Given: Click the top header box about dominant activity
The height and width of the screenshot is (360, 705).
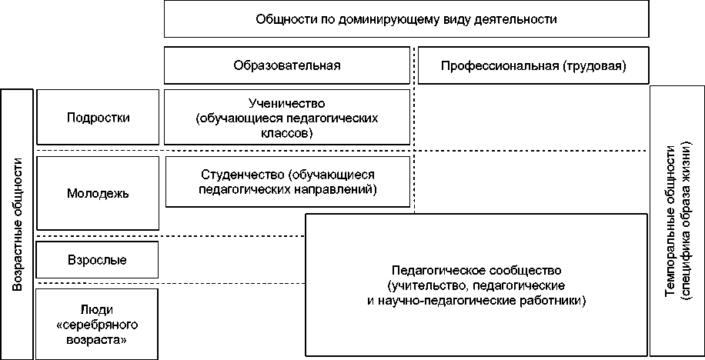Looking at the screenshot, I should [x=406, y=19].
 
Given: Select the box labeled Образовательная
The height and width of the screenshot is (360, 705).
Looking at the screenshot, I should [x=287, y=65].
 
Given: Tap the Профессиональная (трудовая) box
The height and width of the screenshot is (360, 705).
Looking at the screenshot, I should [x=533, y=65].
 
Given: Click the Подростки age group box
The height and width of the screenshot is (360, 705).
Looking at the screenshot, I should [x=98, y=118].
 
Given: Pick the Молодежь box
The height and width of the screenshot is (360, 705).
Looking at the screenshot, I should [x=98, y=193].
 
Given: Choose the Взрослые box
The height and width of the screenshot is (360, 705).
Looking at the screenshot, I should [x=98, y=260].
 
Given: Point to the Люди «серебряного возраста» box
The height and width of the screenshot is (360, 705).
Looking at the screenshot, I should [x=98, y=323].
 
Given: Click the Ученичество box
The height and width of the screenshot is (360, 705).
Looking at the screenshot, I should [x=287, y=117].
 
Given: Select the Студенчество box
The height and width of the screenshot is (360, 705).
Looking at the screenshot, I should [x=287, y=182].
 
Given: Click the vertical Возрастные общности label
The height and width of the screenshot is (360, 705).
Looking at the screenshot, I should [x=18, y=223].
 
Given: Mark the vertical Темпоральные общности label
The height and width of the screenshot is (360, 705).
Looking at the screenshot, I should [x=677, y=222].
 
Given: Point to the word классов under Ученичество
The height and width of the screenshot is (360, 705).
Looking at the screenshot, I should [x=287, y=132].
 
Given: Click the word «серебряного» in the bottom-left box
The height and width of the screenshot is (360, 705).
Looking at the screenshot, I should [x=98, y=324].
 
